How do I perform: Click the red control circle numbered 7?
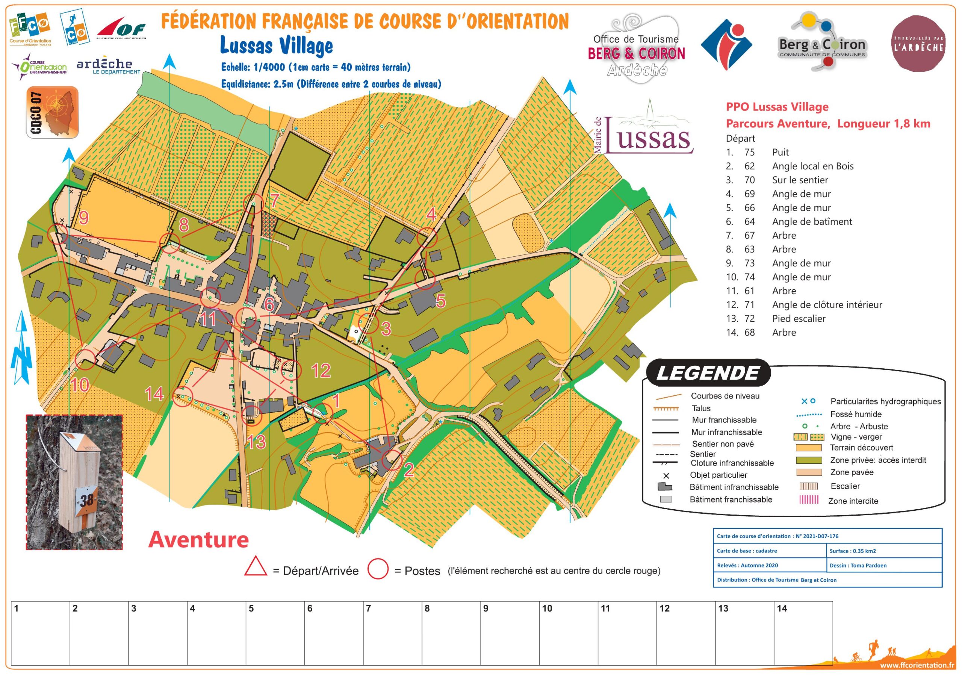point(254,204)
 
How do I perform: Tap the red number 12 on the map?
point(321,371)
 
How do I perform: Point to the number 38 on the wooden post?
point(87,500)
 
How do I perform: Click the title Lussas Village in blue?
point(277,46)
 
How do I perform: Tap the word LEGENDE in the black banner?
point(708,373)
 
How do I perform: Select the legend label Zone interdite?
point(853,501)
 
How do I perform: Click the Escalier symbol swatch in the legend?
point(809,486)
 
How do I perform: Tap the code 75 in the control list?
point(749,152)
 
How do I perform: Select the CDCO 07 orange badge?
point(52,112)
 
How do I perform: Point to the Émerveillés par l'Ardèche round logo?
point(918,44)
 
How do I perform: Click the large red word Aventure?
point(199,539)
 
